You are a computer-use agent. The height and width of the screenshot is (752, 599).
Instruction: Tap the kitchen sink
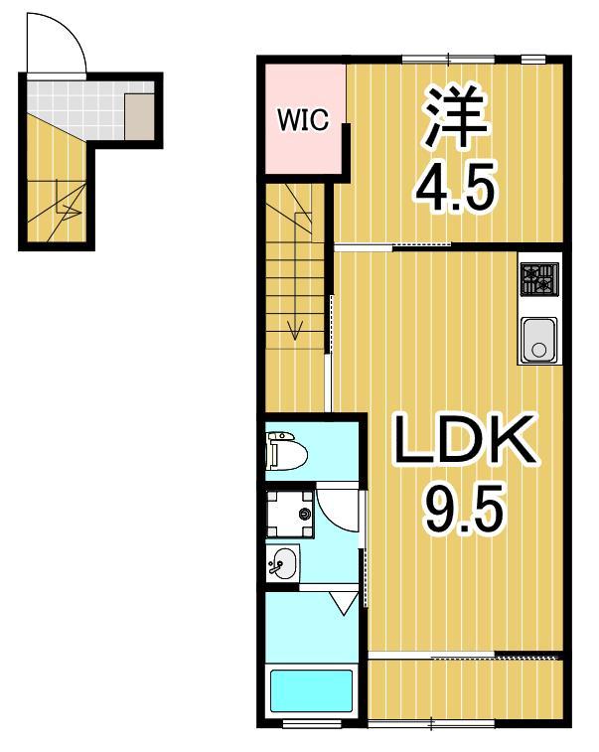[x=538, y=341]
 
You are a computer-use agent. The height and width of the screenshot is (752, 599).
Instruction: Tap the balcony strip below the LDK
[x=465, y=685]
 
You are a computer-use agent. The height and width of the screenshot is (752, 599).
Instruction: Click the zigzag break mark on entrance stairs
[x=70, y=210]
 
